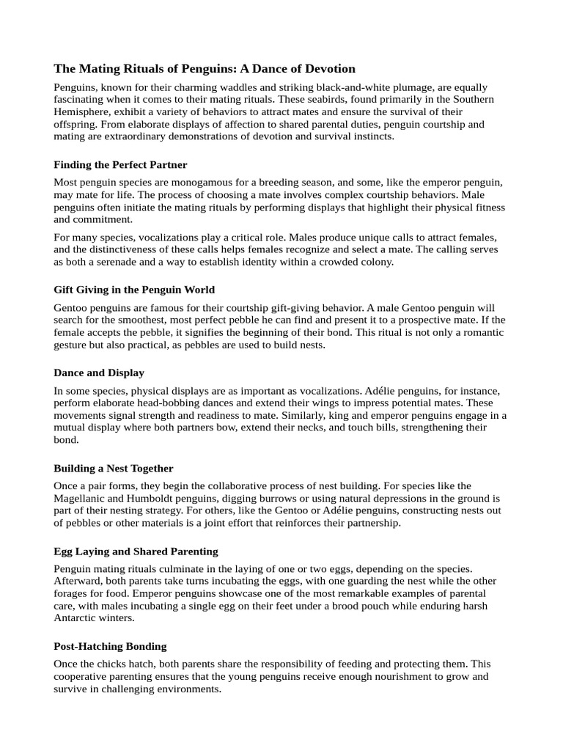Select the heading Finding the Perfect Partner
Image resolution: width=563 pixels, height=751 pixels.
(120, 165)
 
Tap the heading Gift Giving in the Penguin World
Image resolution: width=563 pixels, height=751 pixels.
(134, 290)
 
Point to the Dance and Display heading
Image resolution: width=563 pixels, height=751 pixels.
(99, 373)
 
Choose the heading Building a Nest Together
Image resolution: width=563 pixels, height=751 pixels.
(114, 468)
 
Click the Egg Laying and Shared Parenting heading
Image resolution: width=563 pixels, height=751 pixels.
(136, 551)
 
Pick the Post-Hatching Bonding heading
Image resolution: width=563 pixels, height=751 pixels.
(110, 646)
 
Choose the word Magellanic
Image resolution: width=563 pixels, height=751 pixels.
(82, 498)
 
